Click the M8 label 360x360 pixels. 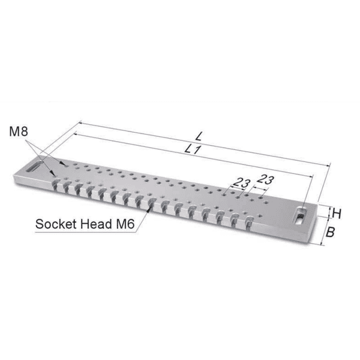click(x=19, y=131)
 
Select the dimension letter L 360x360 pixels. click(x=199, y=136)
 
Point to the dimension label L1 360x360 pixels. click(x=193, y=149)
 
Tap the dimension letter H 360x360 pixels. click(x=337, y=214)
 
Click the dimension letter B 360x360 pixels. click(x=330, y=232)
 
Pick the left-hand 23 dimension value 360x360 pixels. click(x=242, y=183)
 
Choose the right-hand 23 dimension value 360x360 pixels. click(x=266, y=179)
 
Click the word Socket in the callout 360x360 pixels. click(x=56, y=224)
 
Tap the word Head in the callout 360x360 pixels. click(x=96, y=224)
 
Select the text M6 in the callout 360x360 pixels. click(x=125, y=224)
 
